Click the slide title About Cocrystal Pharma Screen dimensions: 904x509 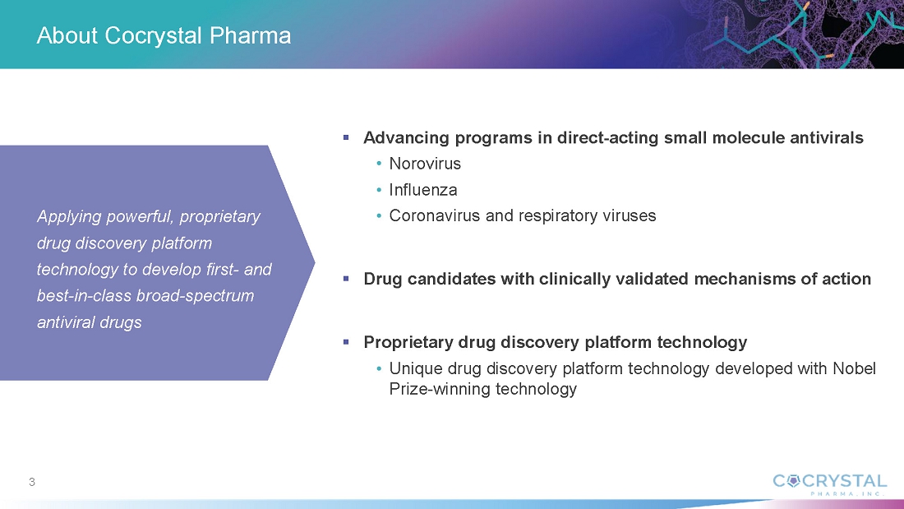(x=164, y=36)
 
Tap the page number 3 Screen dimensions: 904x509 (x=32, y=482)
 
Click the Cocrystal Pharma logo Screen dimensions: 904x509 (x=830, y=484)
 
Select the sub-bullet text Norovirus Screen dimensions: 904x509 (x=425, y=164)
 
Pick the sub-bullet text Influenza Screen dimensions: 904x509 (x=423, y=190)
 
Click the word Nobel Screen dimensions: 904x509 (x=855, y=368)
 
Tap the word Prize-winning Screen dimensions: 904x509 (x=440, y=389)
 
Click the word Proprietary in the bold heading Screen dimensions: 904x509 (x=408, y=342)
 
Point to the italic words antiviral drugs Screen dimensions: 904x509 (x=90, y=322)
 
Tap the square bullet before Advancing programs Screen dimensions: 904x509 (x=346, y=137)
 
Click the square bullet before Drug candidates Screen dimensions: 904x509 (x=346, y=279)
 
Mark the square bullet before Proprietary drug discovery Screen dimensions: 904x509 (x=346, y=341)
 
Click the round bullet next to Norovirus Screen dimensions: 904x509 (x=379, y=164)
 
